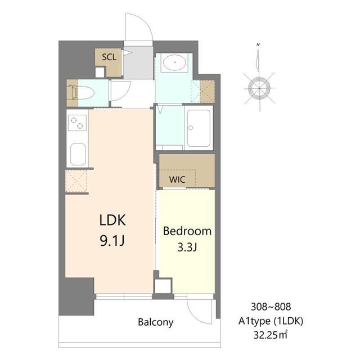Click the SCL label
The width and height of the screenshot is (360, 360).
tap(109, 57)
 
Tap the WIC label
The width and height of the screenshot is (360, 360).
tap(177, 179)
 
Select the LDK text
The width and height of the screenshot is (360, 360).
tap(112, 220)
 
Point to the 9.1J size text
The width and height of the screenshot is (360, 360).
tap(112, 241)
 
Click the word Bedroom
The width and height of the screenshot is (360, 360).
tap(187, 231)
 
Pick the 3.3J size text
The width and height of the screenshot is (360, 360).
tap(187, 247)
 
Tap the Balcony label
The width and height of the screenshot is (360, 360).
tap(156, 322)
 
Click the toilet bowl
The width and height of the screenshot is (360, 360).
tap(84, 93)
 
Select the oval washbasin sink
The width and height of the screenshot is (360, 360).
tap(175, 62)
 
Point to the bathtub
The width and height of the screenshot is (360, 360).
tap(199, 128)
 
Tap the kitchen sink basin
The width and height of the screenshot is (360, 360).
tap(78, 154)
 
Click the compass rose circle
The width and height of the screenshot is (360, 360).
tap(259, 88)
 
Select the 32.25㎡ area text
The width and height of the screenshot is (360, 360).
tap(270, 335)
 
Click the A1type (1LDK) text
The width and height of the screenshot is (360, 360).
tap(271, 321)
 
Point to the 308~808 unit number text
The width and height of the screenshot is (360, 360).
tap(271, 307)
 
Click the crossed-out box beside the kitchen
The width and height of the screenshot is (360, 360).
tap(76, 181)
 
